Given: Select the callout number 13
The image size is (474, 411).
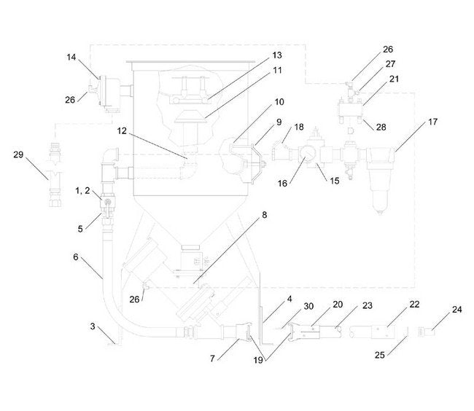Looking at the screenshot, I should pyautogui.click(x=257, y=55).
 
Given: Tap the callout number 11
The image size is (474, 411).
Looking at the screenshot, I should pyautogui.click(x=257, y=71).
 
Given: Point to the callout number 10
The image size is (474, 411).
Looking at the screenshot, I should pyautogui.click(x=259, y=102).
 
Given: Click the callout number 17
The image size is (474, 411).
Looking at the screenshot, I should pyautogui.click(x=432, y=122).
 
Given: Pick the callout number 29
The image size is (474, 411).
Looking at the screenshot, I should pyautogui.click(x=20, y=154).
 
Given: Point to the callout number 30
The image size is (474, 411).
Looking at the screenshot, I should pyautogui.click(x=288, y=306).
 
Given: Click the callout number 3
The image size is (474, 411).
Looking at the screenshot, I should pyautogui.click(x=93, y=328).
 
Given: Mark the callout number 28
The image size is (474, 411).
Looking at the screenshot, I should pyautogui.click(x=381, y=127).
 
